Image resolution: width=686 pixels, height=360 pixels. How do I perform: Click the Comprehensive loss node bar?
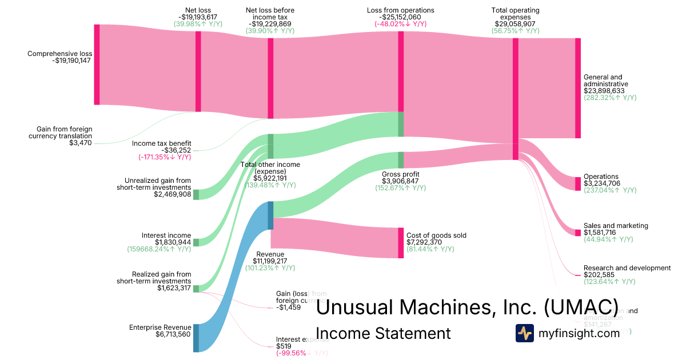[x=97, y=65]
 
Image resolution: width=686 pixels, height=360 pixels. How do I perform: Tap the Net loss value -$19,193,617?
[x=198, y=17]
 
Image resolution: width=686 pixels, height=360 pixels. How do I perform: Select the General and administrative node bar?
[x=577, y=88]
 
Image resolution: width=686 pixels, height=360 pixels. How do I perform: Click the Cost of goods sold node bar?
[x=401, y=243]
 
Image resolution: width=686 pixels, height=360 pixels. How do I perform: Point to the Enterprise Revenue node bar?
[x=196, y=338]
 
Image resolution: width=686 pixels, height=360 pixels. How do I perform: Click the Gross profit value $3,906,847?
[x=401, y=181]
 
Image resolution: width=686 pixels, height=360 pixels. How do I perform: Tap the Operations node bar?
[x=577, y=183]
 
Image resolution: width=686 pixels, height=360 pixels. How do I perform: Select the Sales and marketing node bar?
[x=577, y=233]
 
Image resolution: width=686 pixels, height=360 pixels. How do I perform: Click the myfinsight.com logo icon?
[x=524, y=333]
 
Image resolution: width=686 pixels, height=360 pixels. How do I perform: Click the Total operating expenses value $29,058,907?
[x=515, y=24]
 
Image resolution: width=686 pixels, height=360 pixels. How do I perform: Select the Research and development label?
[x=627, y=268]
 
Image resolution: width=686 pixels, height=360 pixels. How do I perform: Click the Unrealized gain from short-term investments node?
[x=196, y=194]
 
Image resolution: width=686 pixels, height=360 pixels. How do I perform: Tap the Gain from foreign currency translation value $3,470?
[x=81, y=143]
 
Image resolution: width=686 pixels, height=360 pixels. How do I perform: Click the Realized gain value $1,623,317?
[x=174, y=288]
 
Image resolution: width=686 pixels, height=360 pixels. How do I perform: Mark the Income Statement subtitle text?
[x=382, y=333]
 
